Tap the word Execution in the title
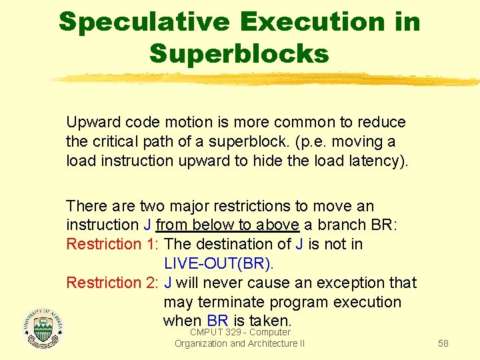[312, 22]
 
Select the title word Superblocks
[239, 53]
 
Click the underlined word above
[285, 225]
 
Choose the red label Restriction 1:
[113, 245]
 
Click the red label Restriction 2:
[113, 283]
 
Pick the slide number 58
[443, 343]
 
